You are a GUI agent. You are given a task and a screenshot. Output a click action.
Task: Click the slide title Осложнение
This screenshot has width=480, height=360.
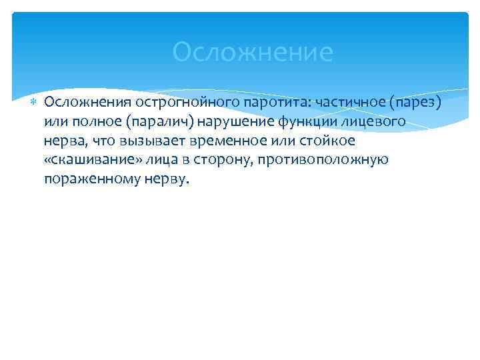[x=252, y=52]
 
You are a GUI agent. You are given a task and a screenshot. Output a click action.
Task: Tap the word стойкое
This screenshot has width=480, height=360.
[x=323, y=141]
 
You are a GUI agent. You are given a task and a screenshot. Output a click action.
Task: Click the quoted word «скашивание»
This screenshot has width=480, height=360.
[x=85, y=160]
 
